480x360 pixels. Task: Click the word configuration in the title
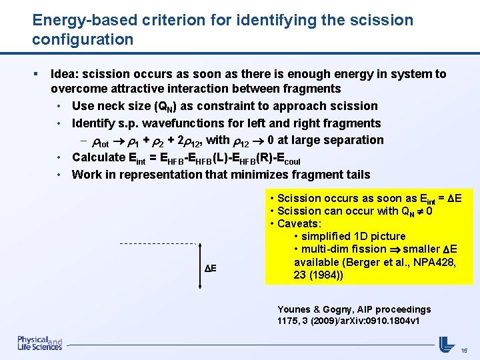[83, 40]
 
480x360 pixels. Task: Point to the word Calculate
[98, 157]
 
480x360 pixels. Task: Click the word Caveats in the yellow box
[298, 223]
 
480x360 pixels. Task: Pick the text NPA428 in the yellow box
[434, 261]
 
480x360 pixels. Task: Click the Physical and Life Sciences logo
[39, 343]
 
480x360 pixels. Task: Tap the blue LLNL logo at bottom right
[447, 344]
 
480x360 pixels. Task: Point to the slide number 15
[465, 350]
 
